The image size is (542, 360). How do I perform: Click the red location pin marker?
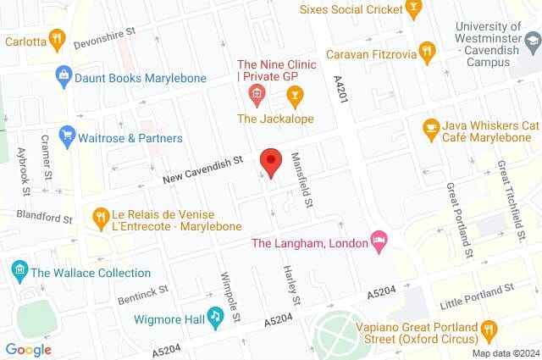(270, 162)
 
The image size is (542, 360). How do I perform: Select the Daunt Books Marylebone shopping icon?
(63, 75)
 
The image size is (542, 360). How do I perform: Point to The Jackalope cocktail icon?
(294, 93)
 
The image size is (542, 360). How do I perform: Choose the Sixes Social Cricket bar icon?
(413, 10)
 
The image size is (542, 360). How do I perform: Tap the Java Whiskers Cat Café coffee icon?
(431, 127)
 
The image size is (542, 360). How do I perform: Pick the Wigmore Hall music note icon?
(216, 318)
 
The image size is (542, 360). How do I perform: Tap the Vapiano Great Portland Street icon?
(489, 329)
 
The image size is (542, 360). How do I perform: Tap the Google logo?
(28, 349)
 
